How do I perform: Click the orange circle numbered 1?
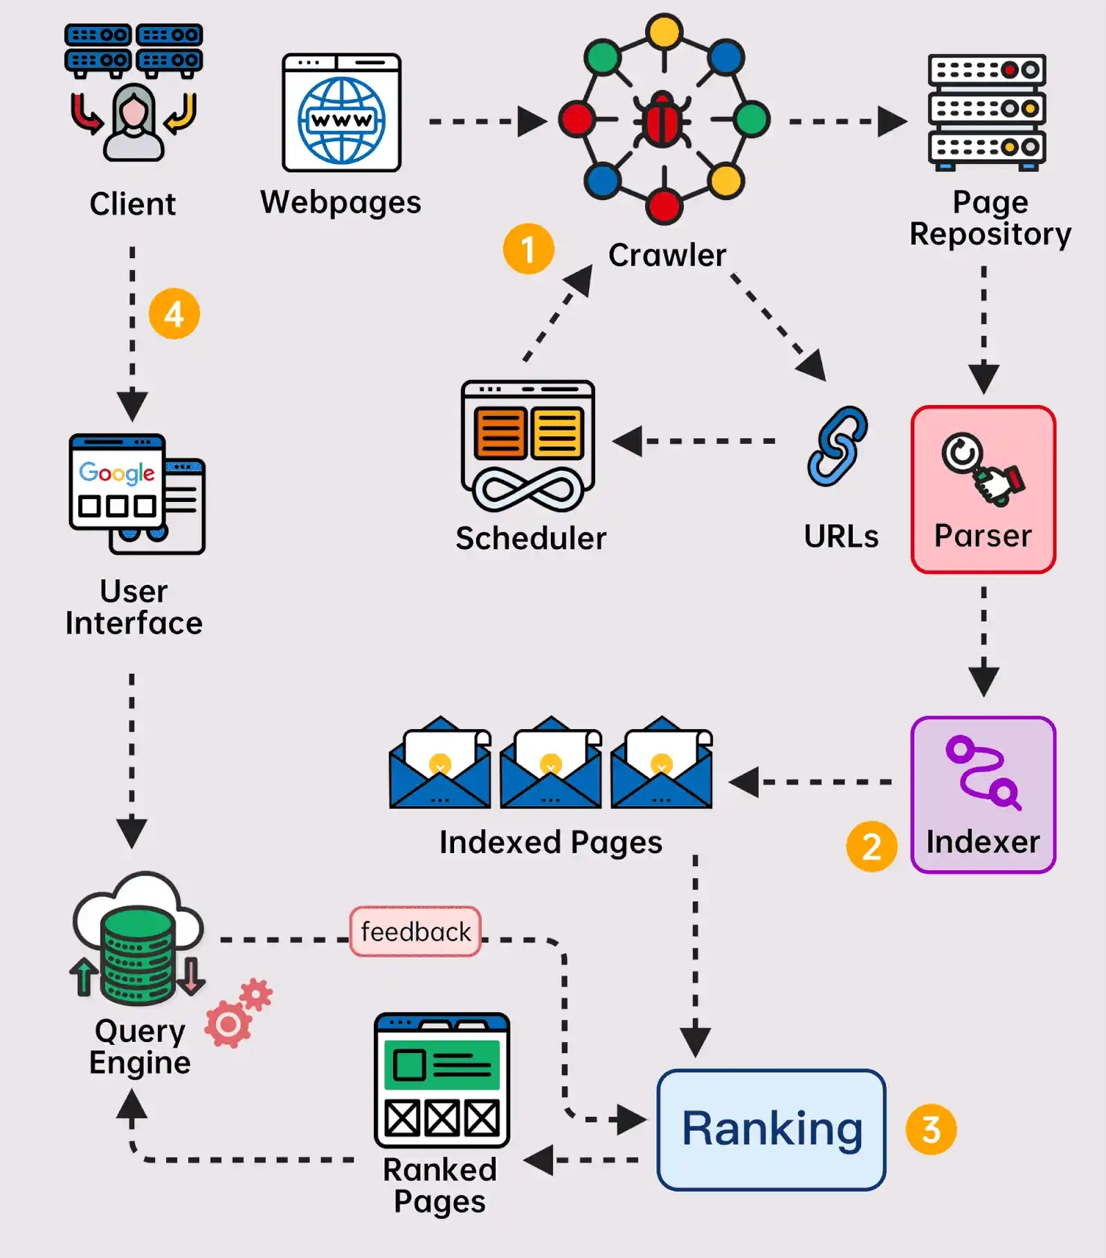coord(528,249)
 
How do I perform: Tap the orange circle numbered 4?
coord(174,314)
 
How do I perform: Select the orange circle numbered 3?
coord(931,1129)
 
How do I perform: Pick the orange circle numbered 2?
coord(871,846)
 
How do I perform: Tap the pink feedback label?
coord(415,932)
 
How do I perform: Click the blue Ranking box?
coord(771,1129)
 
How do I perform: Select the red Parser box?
coord(983,489)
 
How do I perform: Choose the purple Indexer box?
coord(983,794)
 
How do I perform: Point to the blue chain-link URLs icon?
coord(837,447)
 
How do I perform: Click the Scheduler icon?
coord(528,445)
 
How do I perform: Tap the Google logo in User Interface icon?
coord(116,473)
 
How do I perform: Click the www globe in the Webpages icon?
coord(342,120)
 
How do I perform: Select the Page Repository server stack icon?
coord(986,111)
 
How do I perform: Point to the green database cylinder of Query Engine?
coord(138,955)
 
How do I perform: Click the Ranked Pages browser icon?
coord(442,1080)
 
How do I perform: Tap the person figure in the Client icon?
coord(134,123)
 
